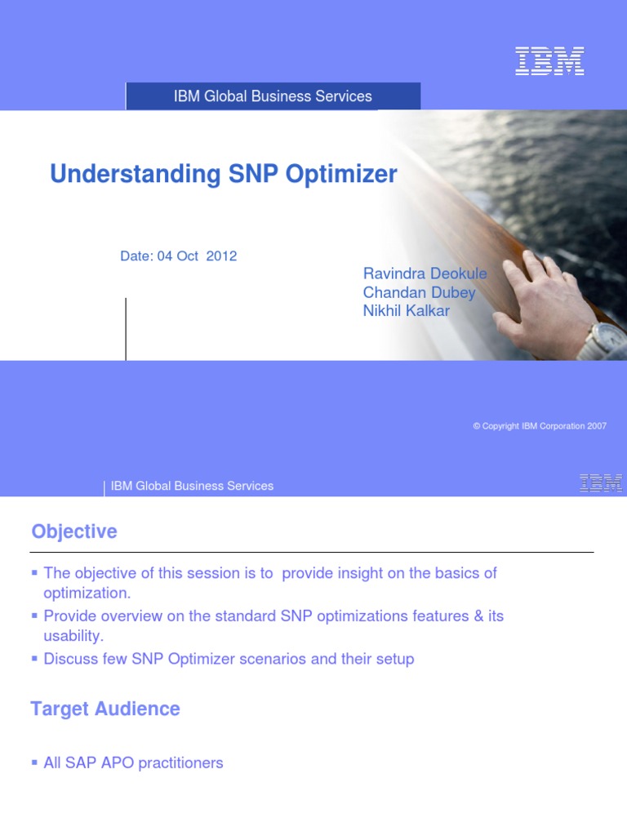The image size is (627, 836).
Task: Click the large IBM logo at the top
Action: (x=549, y=62)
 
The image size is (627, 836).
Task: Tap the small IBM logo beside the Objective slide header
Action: (x=601, y=483)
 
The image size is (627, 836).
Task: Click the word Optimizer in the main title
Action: (x=344, y=174)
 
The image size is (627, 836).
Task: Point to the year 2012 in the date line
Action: (x=221, y=256)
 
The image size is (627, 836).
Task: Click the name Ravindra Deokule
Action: (x=425, y=273)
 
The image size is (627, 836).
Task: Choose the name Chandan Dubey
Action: (x=419, y=292)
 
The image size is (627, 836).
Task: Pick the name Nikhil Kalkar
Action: (x=406, y=311)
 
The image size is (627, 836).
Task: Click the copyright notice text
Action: (x=540, y=426)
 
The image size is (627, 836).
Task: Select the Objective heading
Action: (x=74, y=531)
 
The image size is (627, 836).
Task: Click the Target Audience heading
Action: (x=105, y=709)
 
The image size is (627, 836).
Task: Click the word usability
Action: (x=73, y=635)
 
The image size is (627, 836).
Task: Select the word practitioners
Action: (x=180, y=763)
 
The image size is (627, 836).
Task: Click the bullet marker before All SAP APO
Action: (x=34, y=763)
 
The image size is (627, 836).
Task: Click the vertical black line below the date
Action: (x=126, y=328)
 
